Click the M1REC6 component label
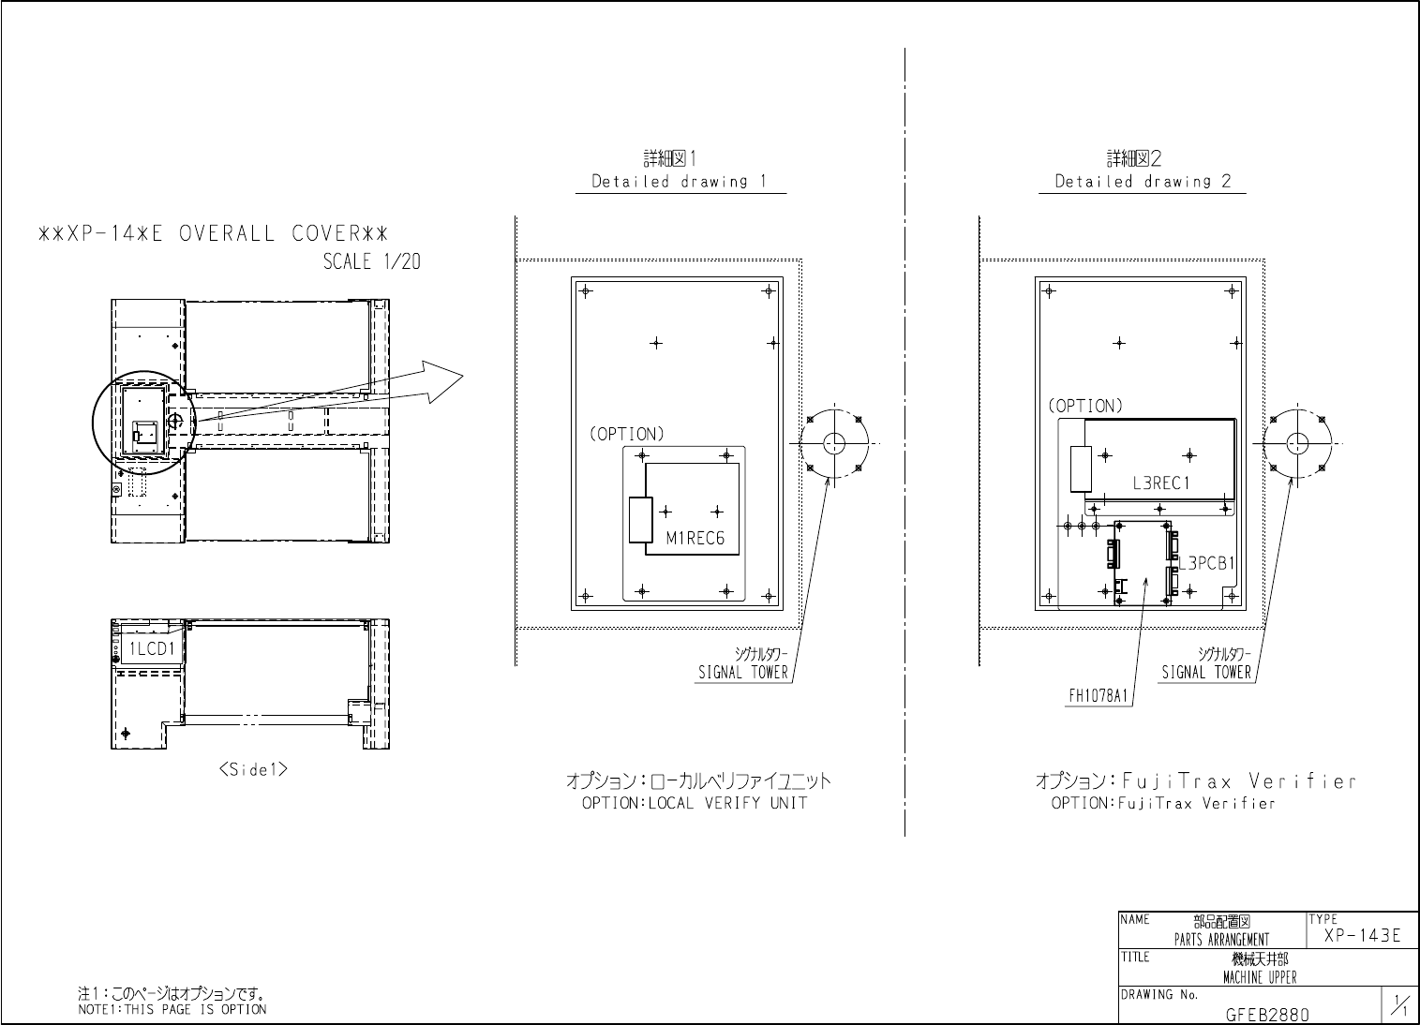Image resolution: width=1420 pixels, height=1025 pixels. pyautogui.click(x=695, y=539)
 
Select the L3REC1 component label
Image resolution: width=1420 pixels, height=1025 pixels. pyautogui.click(x=1160, y=484)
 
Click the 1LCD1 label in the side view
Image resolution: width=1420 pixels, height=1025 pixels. pyautogui.click(x=151, y=648)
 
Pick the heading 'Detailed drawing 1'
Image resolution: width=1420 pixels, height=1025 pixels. pyautogui.click(x=680, y=182)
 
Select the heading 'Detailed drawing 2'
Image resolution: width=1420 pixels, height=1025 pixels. pyautogui.click(x=1143, y=182)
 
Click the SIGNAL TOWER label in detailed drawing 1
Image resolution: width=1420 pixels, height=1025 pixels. pyautogui.click(x=743, y=673)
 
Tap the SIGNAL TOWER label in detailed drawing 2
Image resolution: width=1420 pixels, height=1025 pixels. pyautogui.click(x=1206, y=673)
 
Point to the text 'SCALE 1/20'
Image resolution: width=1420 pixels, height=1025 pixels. pyautogui.click(x=371, y=262)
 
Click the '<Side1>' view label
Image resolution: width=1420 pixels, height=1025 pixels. pyautogui.click(x=252, y=769)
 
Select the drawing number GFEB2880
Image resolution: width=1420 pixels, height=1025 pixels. pyautogui.click(x=1267, y=1014)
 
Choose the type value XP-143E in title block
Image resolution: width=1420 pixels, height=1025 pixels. pyautogui.click(x=1362, y=936)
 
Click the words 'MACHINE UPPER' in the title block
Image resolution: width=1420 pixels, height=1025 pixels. pyautogui.click(x=1260, y=978)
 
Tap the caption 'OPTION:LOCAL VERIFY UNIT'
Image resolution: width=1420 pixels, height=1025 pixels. pyautogui.click(x=694, y=803)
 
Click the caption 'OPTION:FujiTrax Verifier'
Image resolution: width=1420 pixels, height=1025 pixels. pyautogui.click(x=1163, y=804)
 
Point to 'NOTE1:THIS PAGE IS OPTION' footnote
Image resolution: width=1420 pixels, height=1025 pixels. pyautogui.click(x=172, y=1009)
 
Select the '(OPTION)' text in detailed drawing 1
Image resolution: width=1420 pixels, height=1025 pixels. pyautogui.click(x=626, y=435)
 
